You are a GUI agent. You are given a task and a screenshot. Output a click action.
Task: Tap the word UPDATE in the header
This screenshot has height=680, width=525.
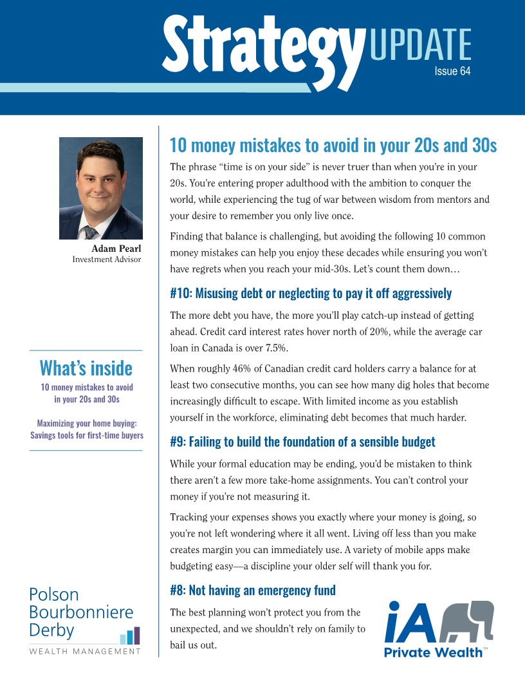tap(420, 44)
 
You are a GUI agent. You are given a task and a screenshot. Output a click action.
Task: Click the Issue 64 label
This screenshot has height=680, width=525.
tap(452, 71)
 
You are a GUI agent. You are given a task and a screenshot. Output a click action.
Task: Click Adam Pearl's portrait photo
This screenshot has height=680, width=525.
tap(101, 188)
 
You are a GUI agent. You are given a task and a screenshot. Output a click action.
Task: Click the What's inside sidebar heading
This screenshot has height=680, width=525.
tap(86, 368)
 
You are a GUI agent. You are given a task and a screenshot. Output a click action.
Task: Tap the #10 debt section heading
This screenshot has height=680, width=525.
tap(311, 294)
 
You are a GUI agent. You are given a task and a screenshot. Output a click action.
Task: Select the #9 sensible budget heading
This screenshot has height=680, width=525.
tap(302, 442)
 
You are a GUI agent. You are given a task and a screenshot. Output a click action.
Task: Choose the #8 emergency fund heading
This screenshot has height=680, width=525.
tap(253, 590)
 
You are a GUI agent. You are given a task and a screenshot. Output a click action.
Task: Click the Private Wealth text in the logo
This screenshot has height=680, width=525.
tap(433, 653)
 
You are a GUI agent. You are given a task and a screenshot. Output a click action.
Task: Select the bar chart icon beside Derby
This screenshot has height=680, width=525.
tap(130, 636)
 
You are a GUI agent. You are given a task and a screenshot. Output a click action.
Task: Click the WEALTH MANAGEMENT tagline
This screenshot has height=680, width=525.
tap(85, 652)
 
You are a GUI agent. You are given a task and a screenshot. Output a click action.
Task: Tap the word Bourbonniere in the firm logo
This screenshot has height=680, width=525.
tap(81, 611)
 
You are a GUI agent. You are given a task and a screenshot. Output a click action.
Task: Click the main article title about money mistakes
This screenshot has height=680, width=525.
tap(333, 146)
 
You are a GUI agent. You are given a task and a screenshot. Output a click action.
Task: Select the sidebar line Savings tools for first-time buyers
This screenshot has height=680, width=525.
tap(86, 435)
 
